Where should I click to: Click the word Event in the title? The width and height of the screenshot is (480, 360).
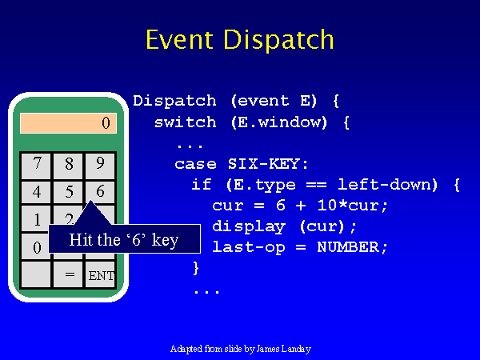click(x=180, y=39)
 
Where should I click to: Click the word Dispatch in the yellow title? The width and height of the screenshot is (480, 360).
click(x=279, y=40)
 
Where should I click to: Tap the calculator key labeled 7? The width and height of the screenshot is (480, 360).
click(x=37, y=166)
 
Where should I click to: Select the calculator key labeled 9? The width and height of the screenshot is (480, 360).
click(x=100, y=166)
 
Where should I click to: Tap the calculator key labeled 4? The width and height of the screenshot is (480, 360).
click(x=37, y=192)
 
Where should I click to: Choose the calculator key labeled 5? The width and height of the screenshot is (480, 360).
click(x=68, y=192)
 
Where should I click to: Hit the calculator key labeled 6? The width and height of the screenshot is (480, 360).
click(x=100, y=192)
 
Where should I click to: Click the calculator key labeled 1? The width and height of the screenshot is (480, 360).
click(x=37, y=218)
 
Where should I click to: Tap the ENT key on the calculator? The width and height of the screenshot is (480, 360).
click(x=100, y=274)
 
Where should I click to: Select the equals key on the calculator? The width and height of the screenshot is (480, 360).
click(x=68, y=274)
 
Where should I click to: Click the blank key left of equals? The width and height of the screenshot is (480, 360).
click(x=37, y=274)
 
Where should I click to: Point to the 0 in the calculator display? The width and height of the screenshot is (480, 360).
click(x=106, y=123)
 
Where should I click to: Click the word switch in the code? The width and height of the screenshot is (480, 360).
click(x=186, y=122)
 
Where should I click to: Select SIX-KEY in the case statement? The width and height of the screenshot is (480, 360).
click(x=264, y=164)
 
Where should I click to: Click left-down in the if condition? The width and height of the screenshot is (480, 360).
click(x=387, y=184)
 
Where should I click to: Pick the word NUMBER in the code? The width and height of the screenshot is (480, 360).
click(x=348, y=247)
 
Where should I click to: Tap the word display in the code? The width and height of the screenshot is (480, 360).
click(x=249, y=227)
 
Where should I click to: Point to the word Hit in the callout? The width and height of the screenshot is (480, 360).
click(x=79, y=239)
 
